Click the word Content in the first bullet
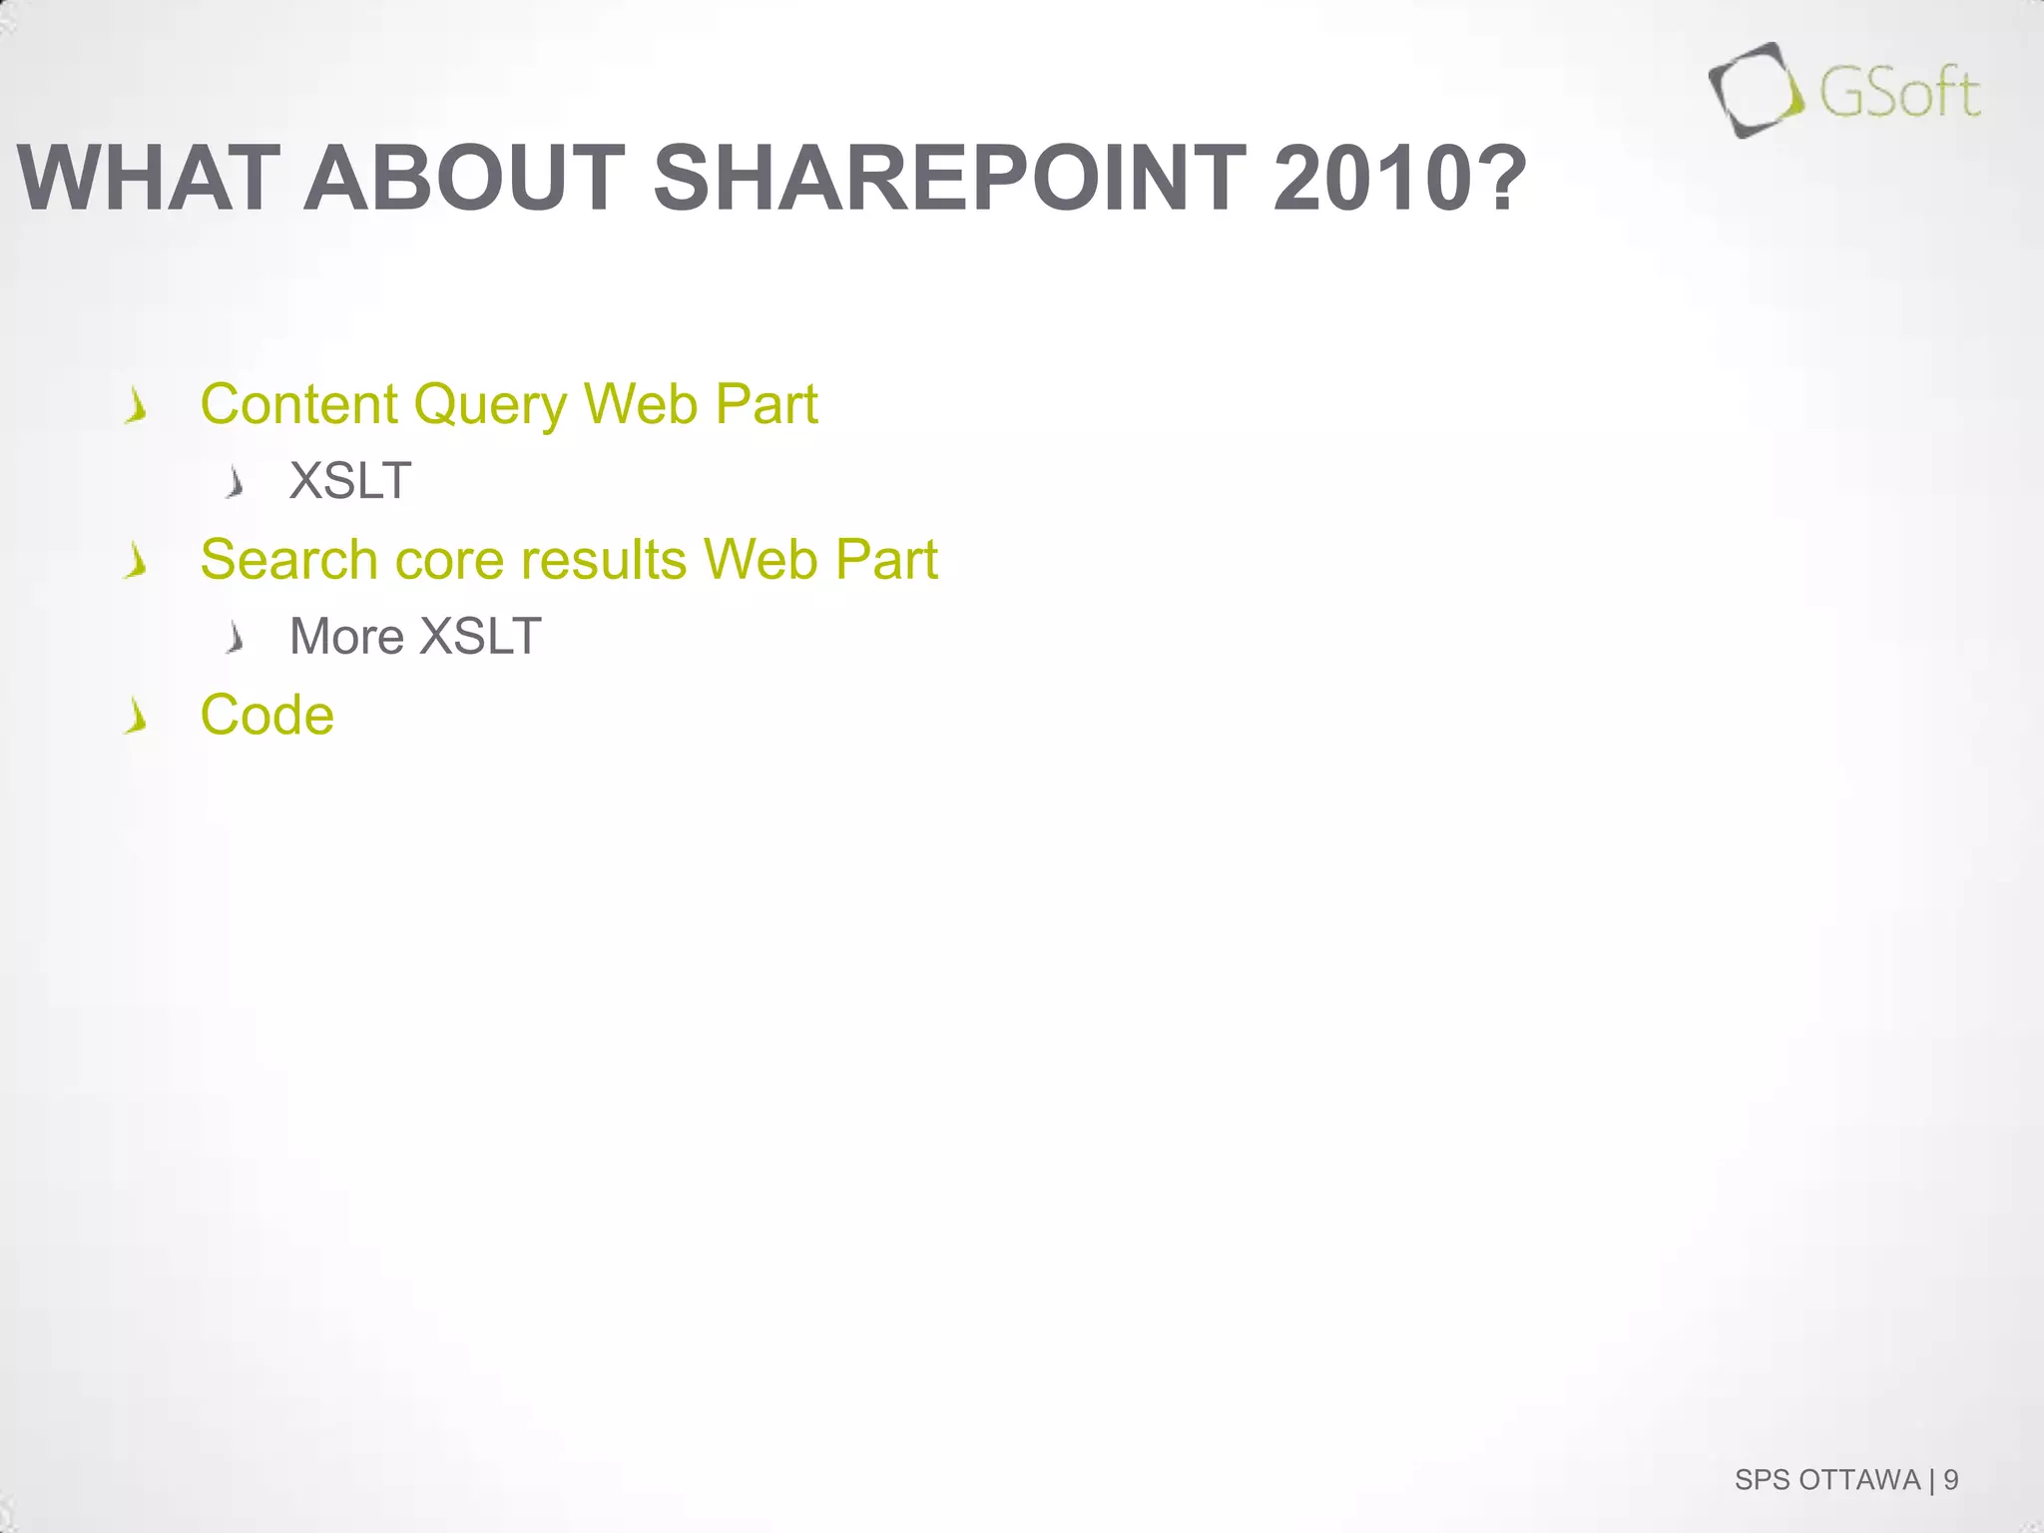pos(299,404)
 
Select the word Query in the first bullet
pos(490,406)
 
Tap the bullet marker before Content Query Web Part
pos(137,407)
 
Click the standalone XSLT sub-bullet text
pos(349,481)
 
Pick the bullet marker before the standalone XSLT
pos(236,484)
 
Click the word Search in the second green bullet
pos(288,559)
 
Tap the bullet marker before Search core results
pos(137,563)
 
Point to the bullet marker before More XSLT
pos(236,638)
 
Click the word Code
pos(266,715)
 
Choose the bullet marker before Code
pos(137,718)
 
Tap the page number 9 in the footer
pos(1950,1479)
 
